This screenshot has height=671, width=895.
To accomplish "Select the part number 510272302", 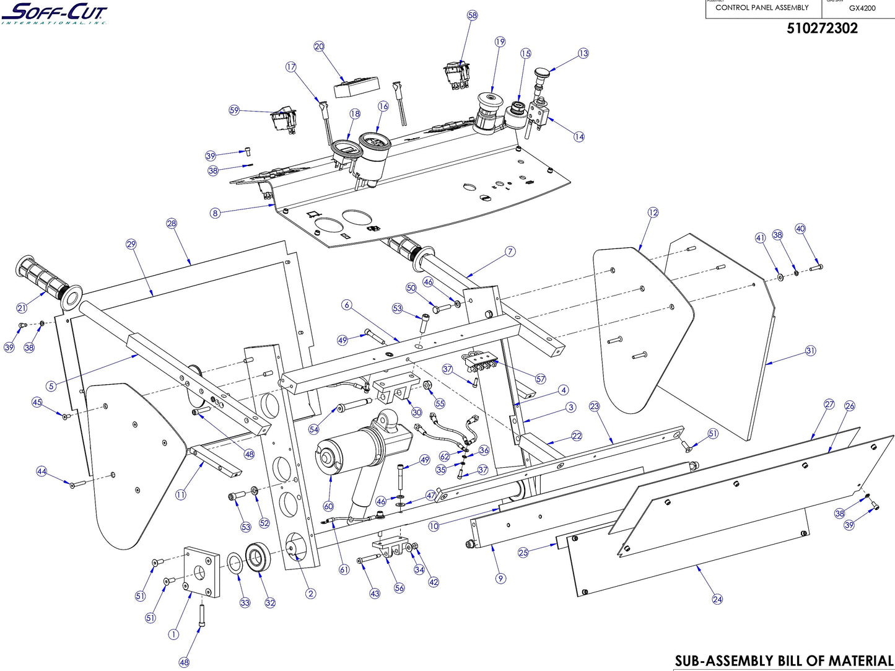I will (x=822, y=29).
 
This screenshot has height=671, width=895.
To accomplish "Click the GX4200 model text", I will (x=862, y=9).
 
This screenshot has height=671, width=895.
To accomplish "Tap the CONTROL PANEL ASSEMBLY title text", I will (x=761, y=8).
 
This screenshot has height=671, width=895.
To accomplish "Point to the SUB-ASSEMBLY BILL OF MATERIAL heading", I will (x=783, y=661).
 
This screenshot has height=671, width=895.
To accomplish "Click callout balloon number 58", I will (x=473, y=15).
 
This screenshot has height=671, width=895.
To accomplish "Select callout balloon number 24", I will (x=717, y=599).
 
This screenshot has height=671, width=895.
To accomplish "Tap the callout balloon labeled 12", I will (x=653, y=213).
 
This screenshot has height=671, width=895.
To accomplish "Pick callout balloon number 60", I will (x=328, y=506).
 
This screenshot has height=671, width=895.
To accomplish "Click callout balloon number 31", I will (x=811, y=351).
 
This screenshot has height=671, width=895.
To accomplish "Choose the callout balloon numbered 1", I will (x=173, y=634).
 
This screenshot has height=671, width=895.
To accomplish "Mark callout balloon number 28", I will (x=172, y=223).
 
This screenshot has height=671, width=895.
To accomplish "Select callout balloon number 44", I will (x=41, y=471).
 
